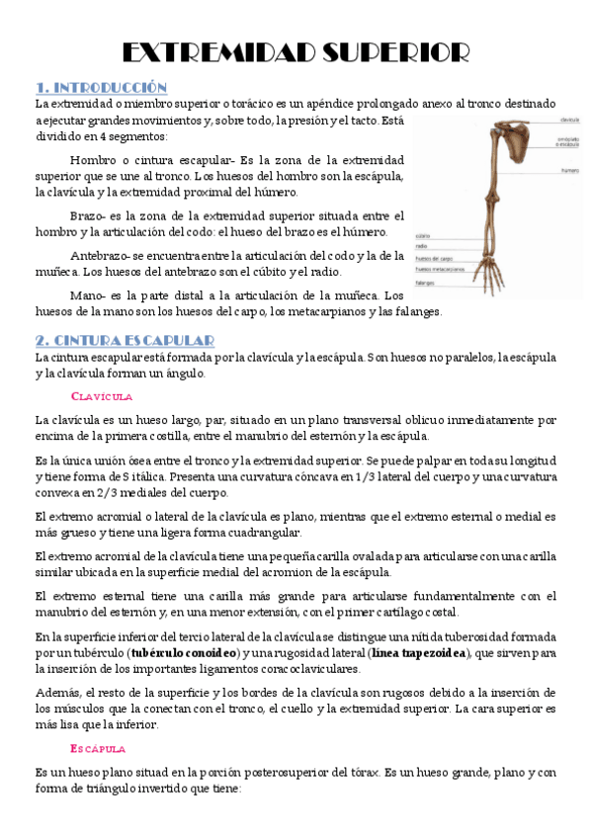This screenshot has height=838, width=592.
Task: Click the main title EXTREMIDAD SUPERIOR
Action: click(296, 51)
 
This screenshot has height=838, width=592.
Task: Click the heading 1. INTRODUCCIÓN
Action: click(101, 87)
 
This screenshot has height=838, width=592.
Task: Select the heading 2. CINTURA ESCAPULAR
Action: click(125, 341)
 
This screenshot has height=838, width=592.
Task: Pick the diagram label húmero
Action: click(570, 171)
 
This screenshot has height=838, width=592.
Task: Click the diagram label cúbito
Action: click(422, 236)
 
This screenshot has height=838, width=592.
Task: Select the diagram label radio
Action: click(421, 246)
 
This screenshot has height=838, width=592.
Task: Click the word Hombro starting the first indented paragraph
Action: click(94, 159)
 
